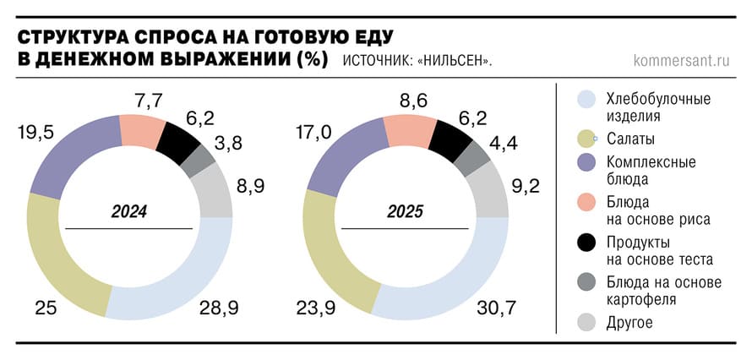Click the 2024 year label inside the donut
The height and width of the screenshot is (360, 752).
[129, 211]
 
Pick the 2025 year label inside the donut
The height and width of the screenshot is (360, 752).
[405, 211]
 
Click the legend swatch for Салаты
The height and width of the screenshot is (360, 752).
[589, 139]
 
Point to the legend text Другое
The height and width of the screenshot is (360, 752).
[629, 323]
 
